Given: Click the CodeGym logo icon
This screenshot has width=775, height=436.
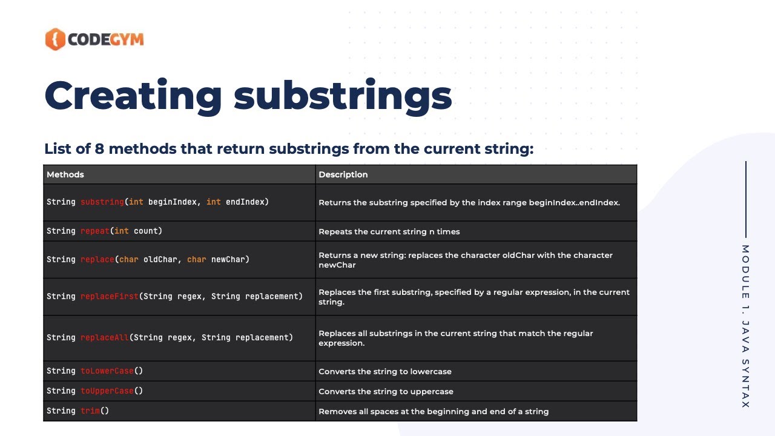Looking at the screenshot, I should pos(55,39).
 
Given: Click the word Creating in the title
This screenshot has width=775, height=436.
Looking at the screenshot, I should pos(133,95).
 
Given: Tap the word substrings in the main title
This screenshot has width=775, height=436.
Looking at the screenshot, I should pos(343,95).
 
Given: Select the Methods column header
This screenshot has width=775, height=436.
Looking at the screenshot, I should pos(65,174).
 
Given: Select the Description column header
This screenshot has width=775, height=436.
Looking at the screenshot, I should pos(343,174).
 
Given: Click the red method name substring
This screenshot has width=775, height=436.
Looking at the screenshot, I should pos(102,202).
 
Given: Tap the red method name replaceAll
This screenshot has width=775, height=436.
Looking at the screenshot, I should pos(104,337).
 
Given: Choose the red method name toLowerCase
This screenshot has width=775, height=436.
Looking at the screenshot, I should pos(107,371).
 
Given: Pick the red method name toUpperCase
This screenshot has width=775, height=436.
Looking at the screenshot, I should pos(107,391).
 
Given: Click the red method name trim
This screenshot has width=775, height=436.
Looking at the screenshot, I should pos(90,411).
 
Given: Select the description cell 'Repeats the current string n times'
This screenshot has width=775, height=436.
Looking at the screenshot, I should pos(389,231).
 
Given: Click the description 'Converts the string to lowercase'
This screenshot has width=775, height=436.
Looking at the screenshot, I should pos(384,371).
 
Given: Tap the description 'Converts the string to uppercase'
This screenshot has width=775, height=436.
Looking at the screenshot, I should pos(386,391).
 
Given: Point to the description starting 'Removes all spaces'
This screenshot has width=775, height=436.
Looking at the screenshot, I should pos(433,411).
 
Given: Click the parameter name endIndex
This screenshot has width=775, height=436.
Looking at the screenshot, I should pos(245,202).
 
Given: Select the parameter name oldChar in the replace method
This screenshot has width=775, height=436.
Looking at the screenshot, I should pos(160,259).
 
